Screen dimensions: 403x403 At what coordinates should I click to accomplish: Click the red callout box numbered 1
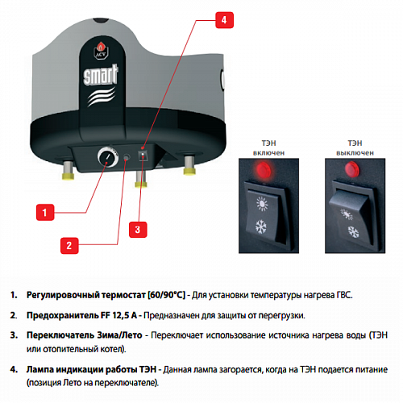click(x=46, y=212)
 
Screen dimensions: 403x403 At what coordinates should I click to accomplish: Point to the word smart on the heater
click(x=101, y=78)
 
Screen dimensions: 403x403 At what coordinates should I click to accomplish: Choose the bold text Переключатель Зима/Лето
click(x=83, y=334)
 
